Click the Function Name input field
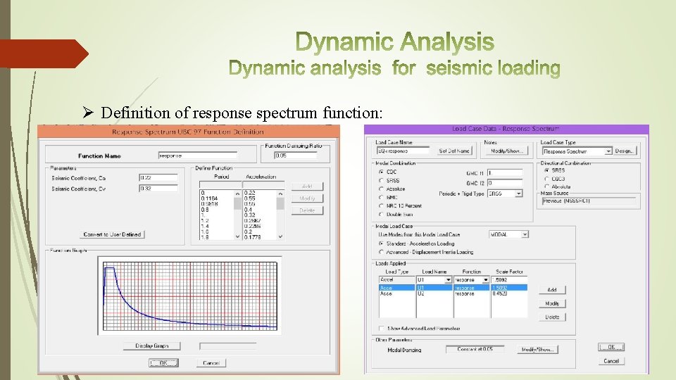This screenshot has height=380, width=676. (197, 156)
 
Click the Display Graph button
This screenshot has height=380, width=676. (152, 346)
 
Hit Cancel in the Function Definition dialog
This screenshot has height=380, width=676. (211, 363)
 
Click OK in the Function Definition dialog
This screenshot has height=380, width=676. (163, 363)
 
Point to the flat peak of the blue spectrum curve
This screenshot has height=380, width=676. (109, 267)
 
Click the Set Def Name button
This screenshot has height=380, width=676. (454, 151)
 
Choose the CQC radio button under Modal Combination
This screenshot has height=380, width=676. (381, 172)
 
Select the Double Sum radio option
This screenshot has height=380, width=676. (381, 215)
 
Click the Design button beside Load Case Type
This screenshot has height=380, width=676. (625, 151)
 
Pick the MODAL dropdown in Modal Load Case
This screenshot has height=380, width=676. (508, 234)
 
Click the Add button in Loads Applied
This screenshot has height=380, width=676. (552, 290)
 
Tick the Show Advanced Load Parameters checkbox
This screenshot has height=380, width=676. (381, 329)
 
